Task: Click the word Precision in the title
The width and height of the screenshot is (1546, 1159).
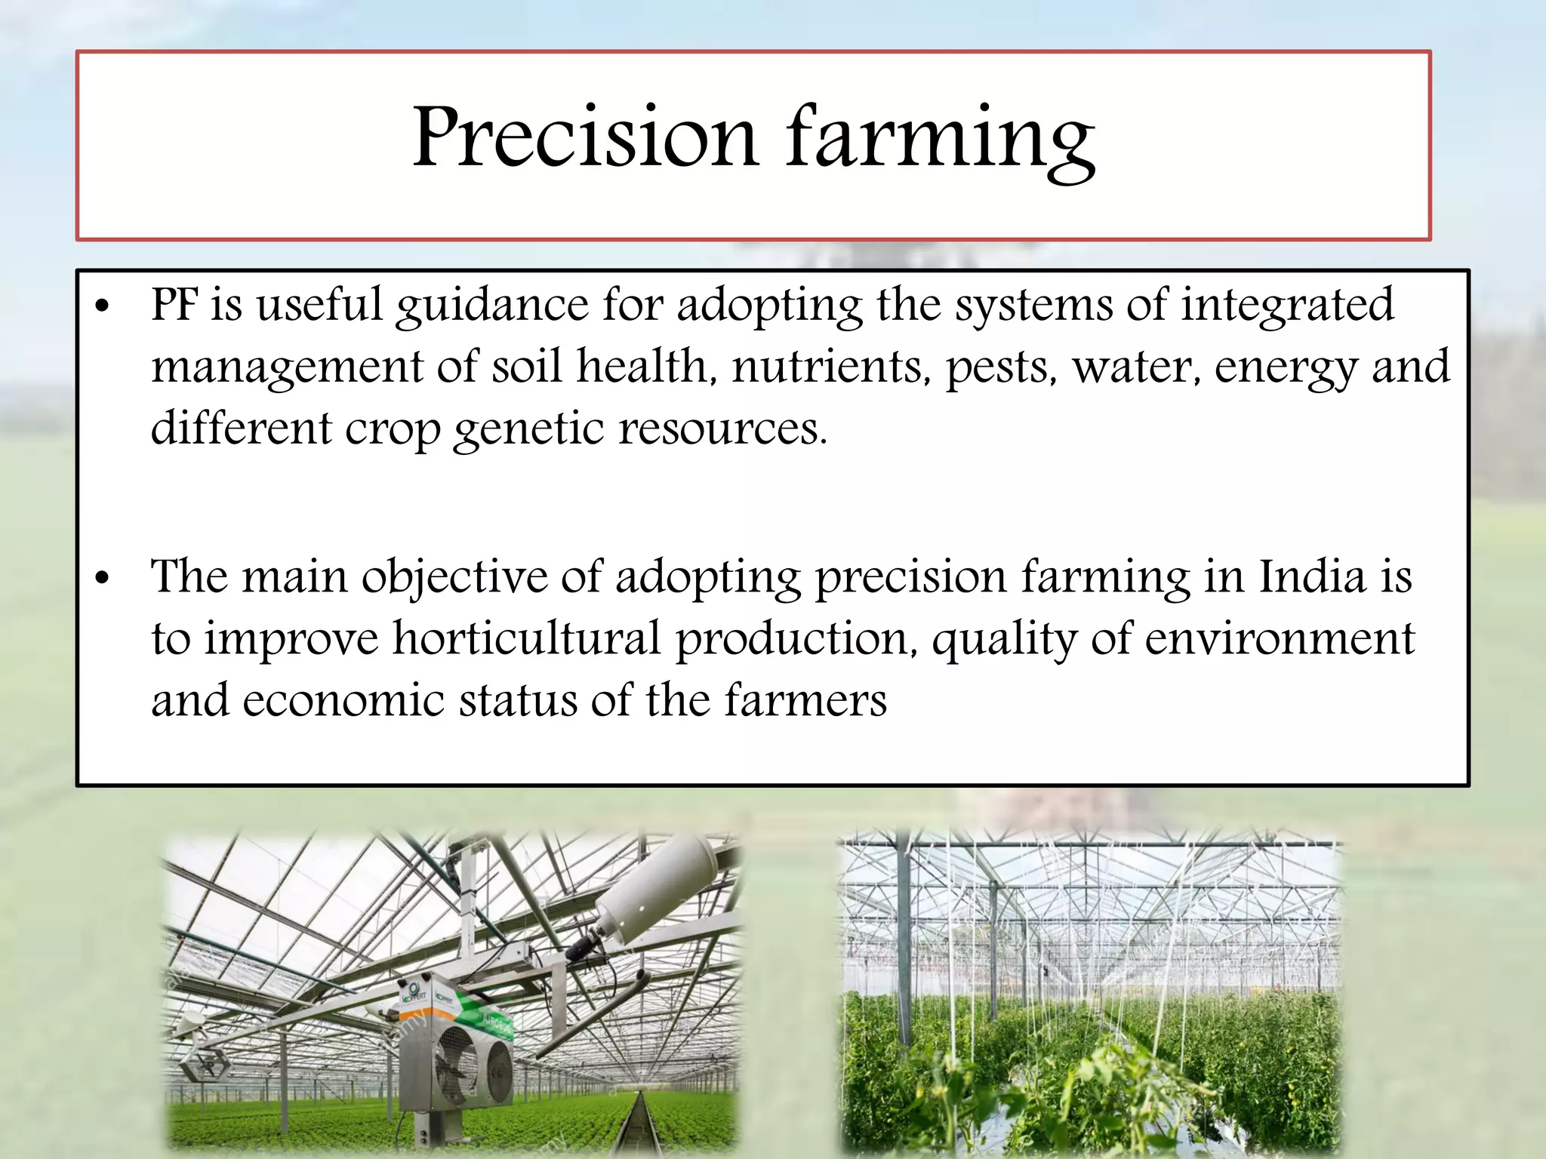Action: pyautogui.click(x=584, y=138)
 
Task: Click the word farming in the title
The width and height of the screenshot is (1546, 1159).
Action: pyautogui.click(x=940, y=140)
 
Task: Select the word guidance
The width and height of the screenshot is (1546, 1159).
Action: pyautogui.click(x=491, y=307)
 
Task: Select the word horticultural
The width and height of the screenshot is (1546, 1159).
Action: pyautogui.click(x=527, y=639)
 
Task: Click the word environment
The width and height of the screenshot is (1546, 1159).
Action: pyautogui.click(x=1279, y=639)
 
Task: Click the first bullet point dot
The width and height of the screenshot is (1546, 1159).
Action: pyautogui.click(x=103, y=307)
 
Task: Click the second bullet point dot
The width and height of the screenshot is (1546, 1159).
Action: pyautogui.click(x=103, y=579)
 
